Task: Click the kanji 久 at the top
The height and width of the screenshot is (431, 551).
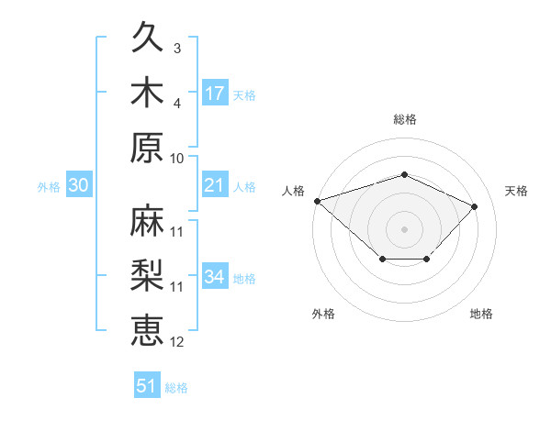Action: click(147, 37)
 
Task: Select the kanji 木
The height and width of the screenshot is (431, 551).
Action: click(147, 92)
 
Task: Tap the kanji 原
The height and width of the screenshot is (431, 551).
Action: click(147, 148)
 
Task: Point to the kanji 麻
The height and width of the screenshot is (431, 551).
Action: click(147, 220)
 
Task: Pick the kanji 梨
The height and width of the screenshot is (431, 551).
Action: click(147, 275)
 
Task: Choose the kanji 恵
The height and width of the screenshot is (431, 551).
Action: click(147, 330)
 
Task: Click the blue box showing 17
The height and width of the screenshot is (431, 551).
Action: click(215, 93)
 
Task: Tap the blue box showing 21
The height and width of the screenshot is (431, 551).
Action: click(215, 184)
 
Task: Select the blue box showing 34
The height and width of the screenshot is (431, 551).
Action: click(215, 275)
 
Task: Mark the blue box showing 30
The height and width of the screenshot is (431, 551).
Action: click(79, 184)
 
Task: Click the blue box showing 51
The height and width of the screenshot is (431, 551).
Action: click(147, 384)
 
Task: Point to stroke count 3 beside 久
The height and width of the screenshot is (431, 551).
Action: click(177, 48)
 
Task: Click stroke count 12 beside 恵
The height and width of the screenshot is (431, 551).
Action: click(176, 342)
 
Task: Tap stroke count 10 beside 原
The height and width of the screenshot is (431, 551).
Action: click(176, 159)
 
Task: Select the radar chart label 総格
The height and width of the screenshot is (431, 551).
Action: click(405, 119)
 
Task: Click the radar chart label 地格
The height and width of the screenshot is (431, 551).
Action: click(481, 314)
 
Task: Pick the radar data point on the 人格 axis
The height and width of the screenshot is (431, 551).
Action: click(318, 201)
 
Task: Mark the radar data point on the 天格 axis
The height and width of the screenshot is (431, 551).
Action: click(474, 206)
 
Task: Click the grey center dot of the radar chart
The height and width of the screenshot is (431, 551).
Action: click(404, 229)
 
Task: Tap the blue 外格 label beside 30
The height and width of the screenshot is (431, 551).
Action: click(49, 187)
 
